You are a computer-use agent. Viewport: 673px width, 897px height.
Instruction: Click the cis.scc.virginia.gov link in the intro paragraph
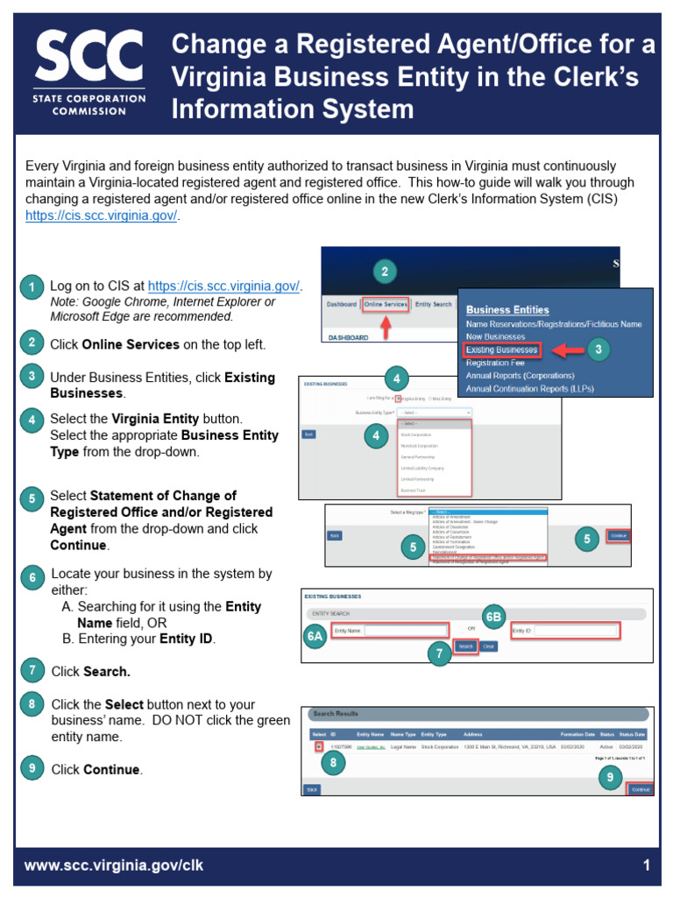(102, 215)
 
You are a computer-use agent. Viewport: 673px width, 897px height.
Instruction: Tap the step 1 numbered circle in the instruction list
(32, 287)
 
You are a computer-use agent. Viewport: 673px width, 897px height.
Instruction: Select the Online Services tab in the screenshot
(386, 304)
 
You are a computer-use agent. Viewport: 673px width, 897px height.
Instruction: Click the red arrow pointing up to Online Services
(385, 326)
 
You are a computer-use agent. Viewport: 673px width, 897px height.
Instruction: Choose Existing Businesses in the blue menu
(502, 350)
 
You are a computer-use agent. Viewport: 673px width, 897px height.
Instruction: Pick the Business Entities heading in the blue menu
(507, 309)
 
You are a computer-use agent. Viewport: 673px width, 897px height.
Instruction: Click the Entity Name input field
(406, 630)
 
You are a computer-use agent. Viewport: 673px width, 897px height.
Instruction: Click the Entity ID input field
(576, 630)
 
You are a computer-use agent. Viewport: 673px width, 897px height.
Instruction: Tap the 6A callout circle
(315, 638)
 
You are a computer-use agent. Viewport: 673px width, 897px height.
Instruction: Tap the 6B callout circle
(494, 616)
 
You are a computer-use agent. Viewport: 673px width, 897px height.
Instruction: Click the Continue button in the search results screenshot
(641, 789)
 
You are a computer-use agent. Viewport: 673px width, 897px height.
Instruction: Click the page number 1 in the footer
(647, 865)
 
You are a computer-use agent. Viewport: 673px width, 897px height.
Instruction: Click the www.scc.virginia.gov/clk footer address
(114, 865)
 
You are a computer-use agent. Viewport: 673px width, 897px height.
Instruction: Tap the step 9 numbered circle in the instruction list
(32, 769)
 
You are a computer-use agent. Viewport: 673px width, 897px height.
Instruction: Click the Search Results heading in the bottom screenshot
(335, 714)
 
